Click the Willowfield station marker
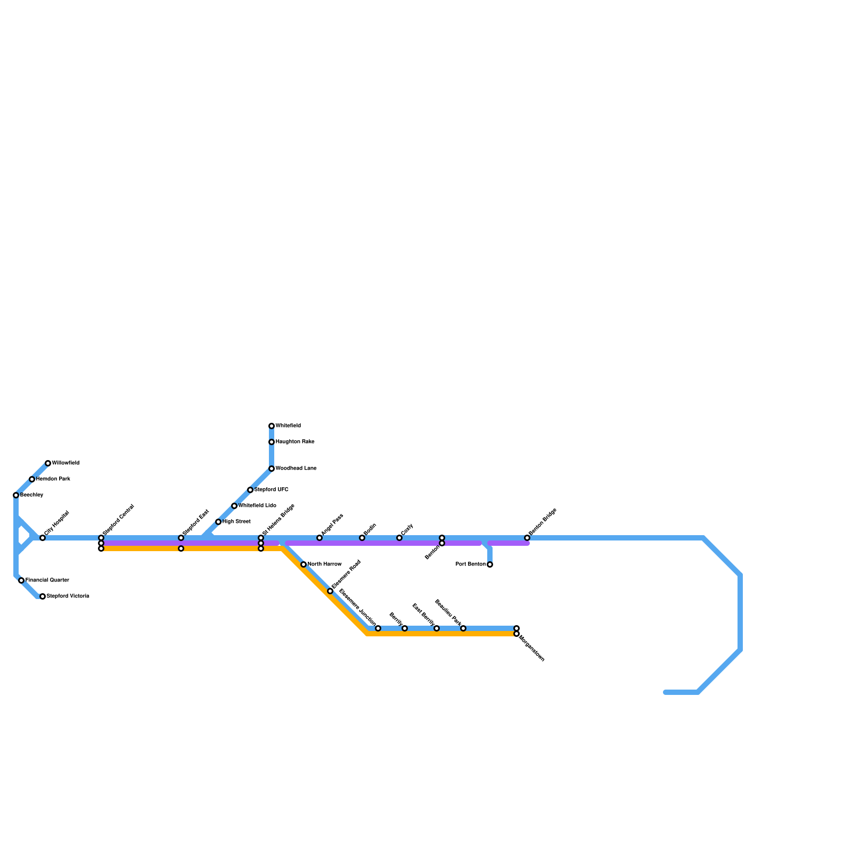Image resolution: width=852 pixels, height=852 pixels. tap(48, 463)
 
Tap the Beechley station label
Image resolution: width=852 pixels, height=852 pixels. tap(31, 495)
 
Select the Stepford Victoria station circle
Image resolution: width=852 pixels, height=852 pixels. tap(43, 596)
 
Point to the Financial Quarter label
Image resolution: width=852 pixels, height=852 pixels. tap(47, 580)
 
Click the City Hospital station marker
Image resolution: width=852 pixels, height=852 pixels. tap(43, 538)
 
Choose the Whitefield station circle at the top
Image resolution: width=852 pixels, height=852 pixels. tap(272, 426)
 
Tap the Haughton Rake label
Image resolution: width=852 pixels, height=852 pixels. tap(295, 442)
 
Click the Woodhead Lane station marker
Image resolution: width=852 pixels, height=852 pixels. tap(272, 469)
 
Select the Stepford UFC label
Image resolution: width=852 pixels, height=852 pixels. tap(272, 489)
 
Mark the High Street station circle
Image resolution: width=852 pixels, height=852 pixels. tap(218, 522)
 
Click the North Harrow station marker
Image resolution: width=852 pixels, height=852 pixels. tap(304, 564)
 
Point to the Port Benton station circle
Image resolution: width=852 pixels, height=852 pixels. tap(490, 564)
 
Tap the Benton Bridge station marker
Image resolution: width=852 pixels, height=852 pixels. tap(527, 538)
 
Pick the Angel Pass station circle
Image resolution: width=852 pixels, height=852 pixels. tap(319, 538)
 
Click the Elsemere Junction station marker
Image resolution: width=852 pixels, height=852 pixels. tap(378, 628)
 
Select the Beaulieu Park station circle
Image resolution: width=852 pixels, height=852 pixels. tap(463, 628)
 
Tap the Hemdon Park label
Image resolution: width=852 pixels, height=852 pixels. tap(53, 479)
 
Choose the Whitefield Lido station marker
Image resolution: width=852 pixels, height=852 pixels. tap(234, 506)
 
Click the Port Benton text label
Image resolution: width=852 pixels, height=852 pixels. tap(471, 564)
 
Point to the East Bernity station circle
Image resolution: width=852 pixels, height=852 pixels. tap(437, 628)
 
